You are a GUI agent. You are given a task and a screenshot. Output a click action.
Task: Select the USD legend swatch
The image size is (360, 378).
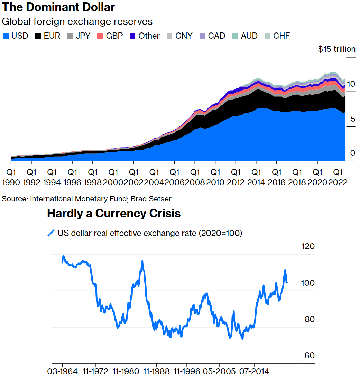[6, 36]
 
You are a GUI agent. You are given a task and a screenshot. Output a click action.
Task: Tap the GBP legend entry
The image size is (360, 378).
[110, 36]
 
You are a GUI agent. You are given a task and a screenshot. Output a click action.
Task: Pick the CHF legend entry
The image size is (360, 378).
[277, 36]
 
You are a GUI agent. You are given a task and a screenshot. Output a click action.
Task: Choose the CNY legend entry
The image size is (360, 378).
[180, 36]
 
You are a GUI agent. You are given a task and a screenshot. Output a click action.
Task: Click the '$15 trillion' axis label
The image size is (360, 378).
[336, 49]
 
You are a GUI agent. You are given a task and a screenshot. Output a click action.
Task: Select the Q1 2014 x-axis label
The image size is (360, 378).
[256, 177]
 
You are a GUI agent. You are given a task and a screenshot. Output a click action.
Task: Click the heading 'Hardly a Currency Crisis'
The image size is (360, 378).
[114, 213]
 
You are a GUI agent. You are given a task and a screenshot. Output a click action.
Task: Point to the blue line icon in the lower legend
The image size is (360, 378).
[51, 233]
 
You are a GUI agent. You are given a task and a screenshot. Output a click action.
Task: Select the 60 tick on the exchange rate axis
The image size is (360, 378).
[310, 356]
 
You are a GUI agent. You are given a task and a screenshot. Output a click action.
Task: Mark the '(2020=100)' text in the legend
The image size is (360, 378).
[220, 233]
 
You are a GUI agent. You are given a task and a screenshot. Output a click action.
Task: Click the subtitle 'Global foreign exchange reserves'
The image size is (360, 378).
[77, 21]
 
